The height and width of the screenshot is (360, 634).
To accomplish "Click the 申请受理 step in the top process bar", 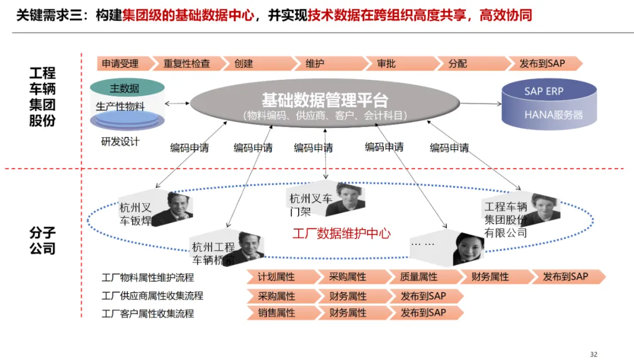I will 120,63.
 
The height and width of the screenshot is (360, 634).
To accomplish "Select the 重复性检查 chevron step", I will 187,63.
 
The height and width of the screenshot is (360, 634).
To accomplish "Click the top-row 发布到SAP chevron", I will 541,63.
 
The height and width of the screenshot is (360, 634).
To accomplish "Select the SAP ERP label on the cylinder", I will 544,92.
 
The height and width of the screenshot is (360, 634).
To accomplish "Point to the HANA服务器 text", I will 554,115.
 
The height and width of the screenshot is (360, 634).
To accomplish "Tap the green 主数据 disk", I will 124,88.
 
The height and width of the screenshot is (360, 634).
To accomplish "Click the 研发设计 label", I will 120,142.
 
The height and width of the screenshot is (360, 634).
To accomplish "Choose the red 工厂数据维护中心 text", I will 342,233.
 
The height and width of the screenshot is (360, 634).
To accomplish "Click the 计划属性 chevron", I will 277,277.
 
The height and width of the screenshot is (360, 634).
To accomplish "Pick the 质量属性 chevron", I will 419,277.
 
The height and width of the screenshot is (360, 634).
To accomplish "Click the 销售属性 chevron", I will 277,313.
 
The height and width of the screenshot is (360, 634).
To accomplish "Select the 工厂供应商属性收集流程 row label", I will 153,295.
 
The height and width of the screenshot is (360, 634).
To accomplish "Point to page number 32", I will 593,354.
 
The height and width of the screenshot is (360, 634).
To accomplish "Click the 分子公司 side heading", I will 42,241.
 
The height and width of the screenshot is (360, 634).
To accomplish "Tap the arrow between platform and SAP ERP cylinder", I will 480,104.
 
